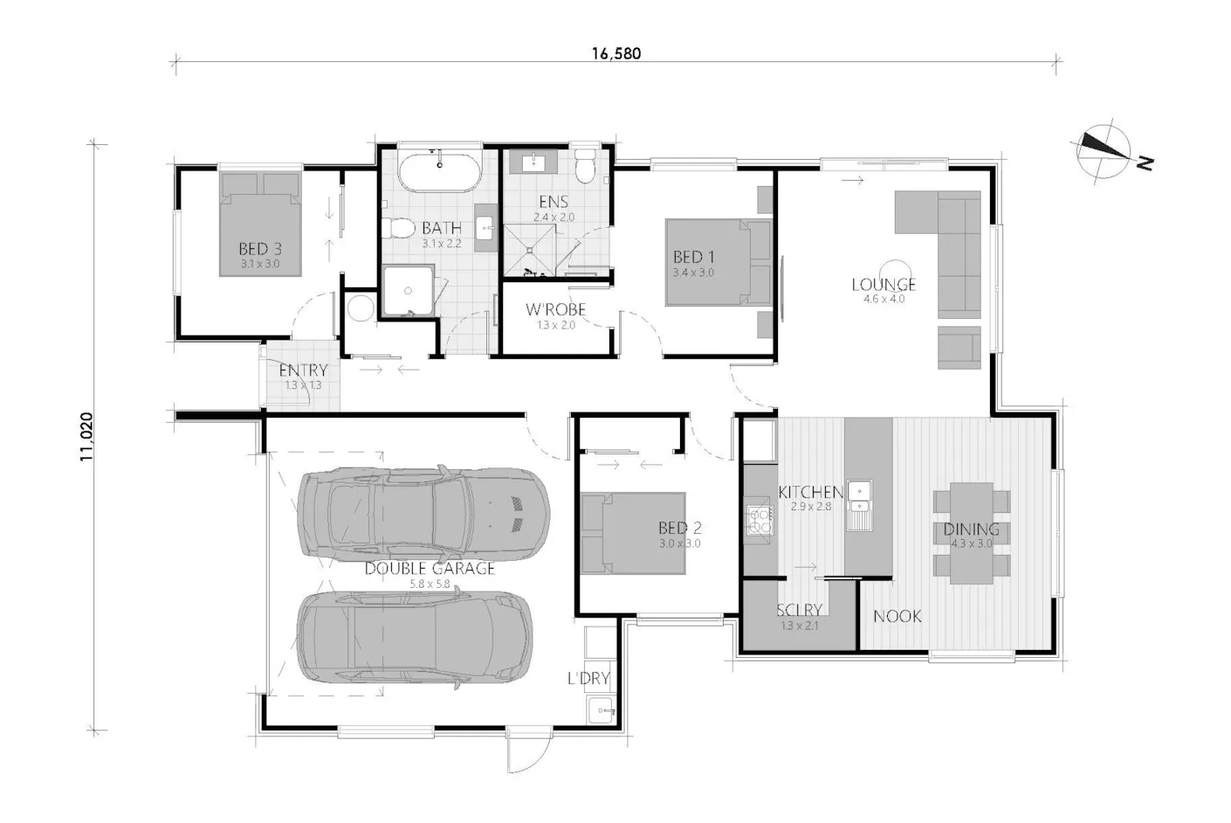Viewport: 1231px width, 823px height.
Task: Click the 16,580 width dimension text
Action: [x=616, y=53]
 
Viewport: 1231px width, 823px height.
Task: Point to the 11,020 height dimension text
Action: [x=86, y=437]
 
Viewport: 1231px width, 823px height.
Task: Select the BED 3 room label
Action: [x=260, y=248]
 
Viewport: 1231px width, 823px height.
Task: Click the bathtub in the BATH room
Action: [x=440, y=172]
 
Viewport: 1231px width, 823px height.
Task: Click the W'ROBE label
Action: [x=555, y=309]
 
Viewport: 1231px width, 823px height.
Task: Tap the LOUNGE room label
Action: [x=884, y=284]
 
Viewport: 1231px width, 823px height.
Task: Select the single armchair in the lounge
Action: [x=959, y=348]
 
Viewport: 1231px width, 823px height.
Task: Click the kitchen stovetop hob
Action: [x=760, y=521]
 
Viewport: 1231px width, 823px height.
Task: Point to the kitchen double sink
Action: [x=859, y=505]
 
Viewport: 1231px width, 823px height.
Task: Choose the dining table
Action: [x=972, y=533]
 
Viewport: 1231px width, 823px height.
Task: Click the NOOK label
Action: [x=897, y=616]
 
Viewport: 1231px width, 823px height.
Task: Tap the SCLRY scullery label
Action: [x=799, y=610]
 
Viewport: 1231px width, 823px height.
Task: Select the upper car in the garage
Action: [x=423, y=515]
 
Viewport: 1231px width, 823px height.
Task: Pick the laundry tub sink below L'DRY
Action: [x=602, y=711]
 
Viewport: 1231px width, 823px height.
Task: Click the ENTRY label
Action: [x=303, y=370]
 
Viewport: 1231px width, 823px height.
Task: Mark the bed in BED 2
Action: [x=633, y=533]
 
